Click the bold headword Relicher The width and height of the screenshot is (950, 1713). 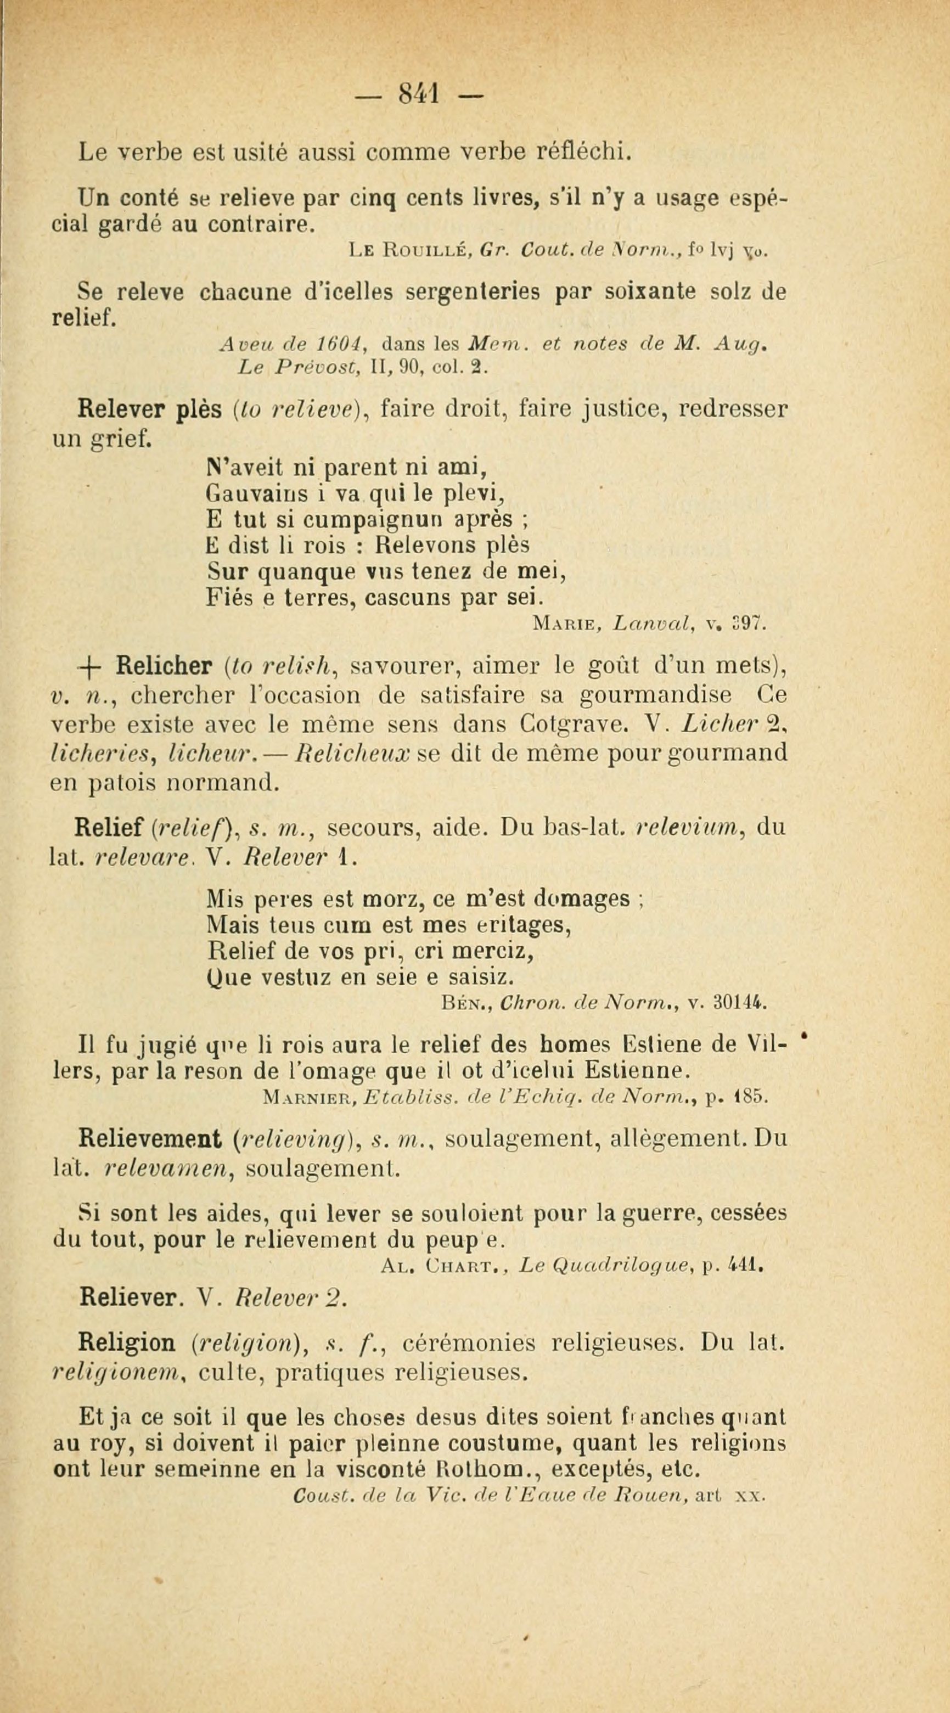tap(164, 665)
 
